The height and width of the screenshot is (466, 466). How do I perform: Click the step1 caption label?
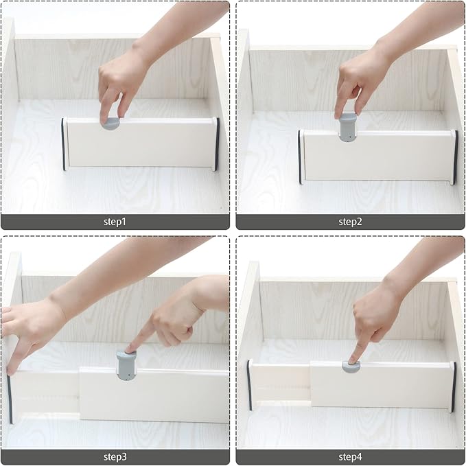(115, 221)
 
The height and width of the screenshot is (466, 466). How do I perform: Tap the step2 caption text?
(349, 221)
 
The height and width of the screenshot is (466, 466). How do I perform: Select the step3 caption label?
(115, 456)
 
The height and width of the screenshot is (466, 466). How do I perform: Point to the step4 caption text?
(349, 456)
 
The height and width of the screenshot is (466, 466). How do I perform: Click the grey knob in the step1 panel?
(110, 124)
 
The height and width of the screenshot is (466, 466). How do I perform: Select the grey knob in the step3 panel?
(126, 364)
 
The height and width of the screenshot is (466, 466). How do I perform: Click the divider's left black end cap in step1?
(64, 143)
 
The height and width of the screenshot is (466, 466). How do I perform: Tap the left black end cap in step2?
(300, 156)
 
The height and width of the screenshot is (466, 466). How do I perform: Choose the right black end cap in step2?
(454, 156)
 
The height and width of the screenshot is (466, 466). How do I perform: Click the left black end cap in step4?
(249, 385)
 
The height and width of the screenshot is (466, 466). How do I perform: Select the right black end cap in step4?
(453, 386)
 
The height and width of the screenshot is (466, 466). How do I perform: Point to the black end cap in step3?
(10, 398)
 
